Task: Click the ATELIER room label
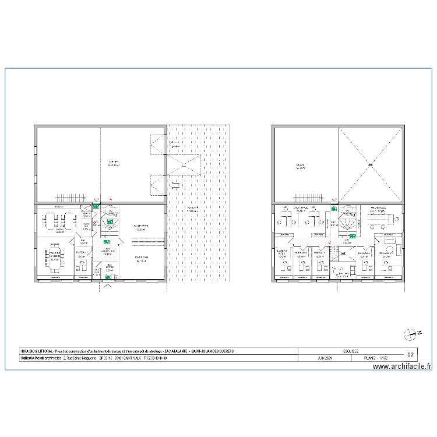(114, 163)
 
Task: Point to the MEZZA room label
(301, 166)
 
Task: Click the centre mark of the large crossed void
(370, 165)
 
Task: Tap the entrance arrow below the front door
(108, 286)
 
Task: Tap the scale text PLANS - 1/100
(376, 358)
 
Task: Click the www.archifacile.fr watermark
(402, 367)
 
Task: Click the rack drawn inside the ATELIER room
(71, 198)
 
